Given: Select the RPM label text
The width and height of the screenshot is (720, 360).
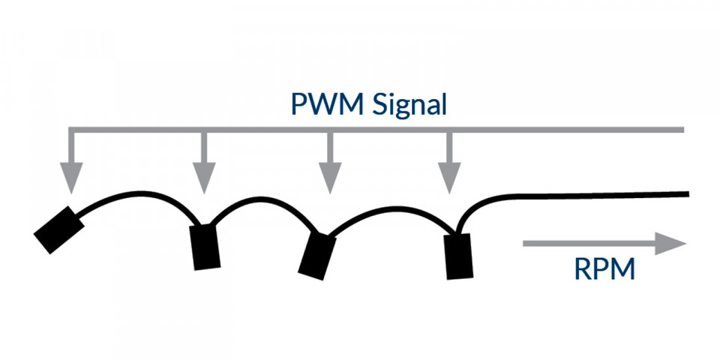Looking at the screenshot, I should [604, 268].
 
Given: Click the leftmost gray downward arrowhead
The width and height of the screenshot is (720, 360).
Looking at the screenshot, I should [71, 181].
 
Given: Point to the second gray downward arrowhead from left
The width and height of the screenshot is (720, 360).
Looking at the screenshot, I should [203, 181].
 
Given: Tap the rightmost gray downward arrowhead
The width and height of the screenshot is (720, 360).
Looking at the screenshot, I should [449, 181].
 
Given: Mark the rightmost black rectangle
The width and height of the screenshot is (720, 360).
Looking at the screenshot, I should [457, 256].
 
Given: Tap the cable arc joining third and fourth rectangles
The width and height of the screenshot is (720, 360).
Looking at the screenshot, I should [390, 205].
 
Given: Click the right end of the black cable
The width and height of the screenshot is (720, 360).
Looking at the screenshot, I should [685, 194].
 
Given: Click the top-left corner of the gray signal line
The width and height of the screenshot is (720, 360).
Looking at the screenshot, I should [71, 130].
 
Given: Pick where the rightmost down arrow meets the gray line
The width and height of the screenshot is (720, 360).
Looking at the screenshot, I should [449, 130].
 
